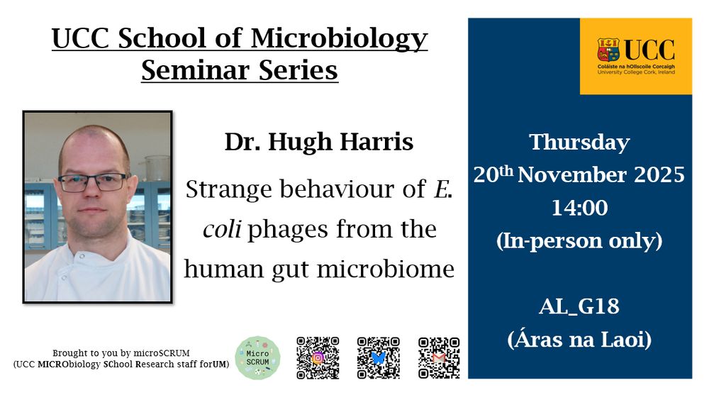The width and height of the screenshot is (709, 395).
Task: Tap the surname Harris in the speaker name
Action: [376, 142]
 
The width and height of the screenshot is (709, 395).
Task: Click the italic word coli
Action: [221, 228]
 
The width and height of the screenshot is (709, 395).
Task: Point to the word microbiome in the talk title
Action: [386, 269]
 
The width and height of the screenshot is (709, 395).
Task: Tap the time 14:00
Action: [580, 208]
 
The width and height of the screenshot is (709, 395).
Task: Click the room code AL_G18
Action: [579, 306]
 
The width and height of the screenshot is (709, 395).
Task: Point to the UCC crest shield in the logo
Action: [608, 50]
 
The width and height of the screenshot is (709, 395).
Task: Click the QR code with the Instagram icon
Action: [318, 357]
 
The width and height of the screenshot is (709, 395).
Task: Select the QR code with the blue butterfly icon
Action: [379, 357]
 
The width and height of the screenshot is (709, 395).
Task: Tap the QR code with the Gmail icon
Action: [439, 357]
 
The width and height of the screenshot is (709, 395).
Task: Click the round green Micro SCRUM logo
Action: [258, 357]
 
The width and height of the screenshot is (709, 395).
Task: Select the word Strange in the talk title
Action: [229, 189]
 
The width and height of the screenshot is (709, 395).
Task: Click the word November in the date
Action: [572, 175]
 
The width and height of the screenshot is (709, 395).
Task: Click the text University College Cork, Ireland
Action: [636, 72]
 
